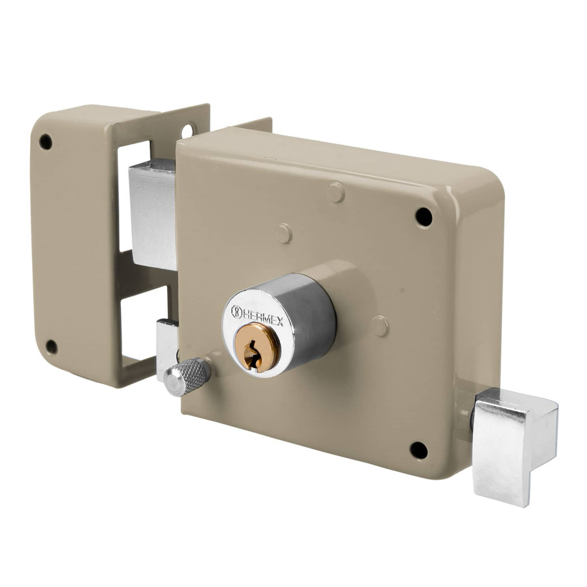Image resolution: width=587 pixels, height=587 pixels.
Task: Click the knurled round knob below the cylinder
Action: coord(187,376)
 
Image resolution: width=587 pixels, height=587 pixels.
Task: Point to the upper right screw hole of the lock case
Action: coord(423,217)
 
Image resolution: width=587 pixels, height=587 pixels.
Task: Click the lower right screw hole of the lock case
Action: coord(419,450)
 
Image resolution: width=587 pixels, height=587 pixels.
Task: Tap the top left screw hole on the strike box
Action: coord(45,141)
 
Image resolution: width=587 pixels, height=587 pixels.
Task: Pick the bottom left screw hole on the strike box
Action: coord(52,346)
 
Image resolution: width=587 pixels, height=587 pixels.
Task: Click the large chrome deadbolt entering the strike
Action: coord(151,211)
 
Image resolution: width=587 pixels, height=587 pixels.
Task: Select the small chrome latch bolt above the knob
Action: coord(167,346)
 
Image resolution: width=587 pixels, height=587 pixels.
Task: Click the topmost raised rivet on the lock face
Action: coord(336,192)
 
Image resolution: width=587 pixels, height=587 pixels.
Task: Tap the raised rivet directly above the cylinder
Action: coord(284,233)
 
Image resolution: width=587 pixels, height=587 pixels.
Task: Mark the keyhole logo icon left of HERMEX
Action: coord(237,312)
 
